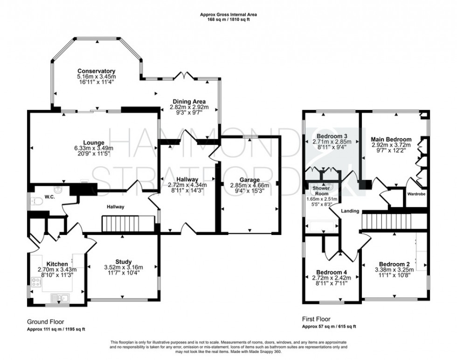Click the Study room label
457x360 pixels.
(x=124, y=262)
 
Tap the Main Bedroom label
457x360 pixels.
(x=391, y=139)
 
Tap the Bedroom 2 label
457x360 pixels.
(x=394, y=263)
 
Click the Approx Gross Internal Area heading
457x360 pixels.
(x=228, y=14)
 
